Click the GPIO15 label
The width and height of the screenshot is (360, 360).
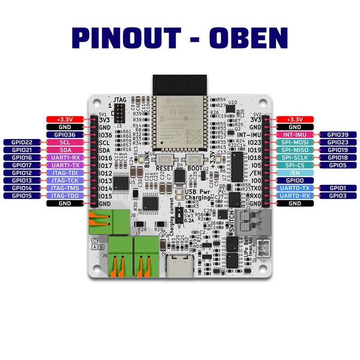[x=22, y=196]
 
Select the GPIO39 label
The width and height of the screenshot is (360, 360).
[x=337, y=135]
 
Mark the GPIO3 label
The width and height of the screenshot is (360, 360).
[x=337, y=196]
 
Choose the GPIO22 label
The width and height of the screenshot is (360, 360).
[x=22, y=142]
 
